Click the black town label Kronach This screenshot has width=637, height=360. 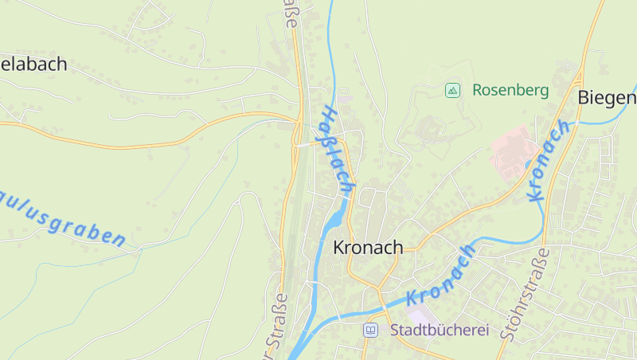pyautogui.click(x=368, y=248)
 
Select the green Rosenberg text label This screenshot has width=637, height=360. pyautogui.click(x=510, y=90)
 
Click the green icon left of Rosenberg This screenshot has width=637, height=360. pyautogui.click(x=452, y=90)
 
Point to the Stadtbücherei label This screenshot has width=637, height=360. pyautogui.click(x=439, y=330)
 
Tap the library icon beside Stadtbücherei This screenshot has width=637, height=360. pyautogui.click(x=370, y=330)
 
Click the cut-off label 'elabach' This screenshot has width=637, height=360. pyautogui.click(x=33, y=65)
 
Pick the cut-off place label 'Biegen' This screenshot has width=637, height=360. pyautogui.click(x=608, y=97)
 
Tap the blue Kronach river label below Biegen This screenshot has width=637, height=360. pyautogui.click(x=549, y=161)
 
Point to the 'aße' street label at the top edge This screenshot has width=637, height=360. pyautogui.click(x=290, y=14)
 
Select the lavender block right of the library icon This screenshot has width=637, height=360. pyautogui.click(x=424, y=317)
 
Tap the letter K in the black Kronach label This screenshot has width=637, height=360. pyautogui.click(x=338, y=248)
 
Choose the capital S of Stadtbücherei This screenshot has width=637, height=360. pyautogui.click(x=395, y=330)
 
